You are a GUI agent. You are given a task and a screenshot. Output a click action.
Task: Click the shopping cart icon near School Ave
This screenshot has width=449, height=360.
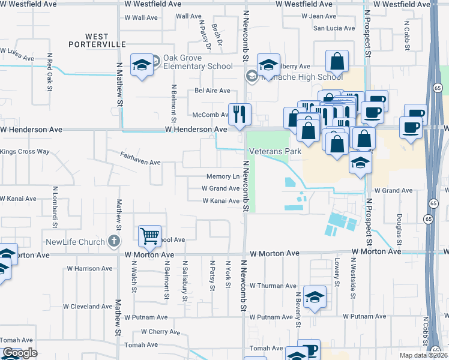149,235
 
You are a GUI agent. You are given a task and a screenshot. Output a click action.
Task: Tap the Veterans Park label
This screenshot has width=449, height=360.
276,152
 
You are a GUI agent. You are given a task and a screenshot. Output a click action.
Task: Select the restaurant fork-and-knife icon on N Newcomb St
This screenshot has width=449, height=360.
240,113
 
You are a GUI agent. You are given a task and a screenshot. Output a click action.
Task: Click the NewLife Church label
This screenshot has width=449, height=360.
75,242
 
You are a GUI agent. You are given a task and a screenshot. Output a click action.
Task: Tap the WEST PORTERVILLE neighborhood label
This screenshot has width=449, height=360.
97,40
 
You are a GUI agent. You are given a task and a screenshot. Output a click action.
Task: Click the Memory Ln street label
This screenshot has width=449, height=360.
223,176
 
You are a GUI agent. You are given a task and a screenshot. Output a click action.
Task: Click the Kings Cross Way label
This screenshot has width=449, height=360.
25,152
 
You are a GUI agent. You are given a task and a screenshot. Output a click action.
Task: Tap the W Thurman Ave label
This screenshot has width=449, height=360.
273,286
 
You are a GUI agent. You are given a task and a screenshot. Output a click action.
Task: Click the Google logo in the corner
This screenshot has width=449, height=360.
20,353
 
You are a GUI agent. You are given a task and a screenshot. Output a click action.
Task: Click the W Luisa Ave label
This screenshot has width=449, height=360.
18,56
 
